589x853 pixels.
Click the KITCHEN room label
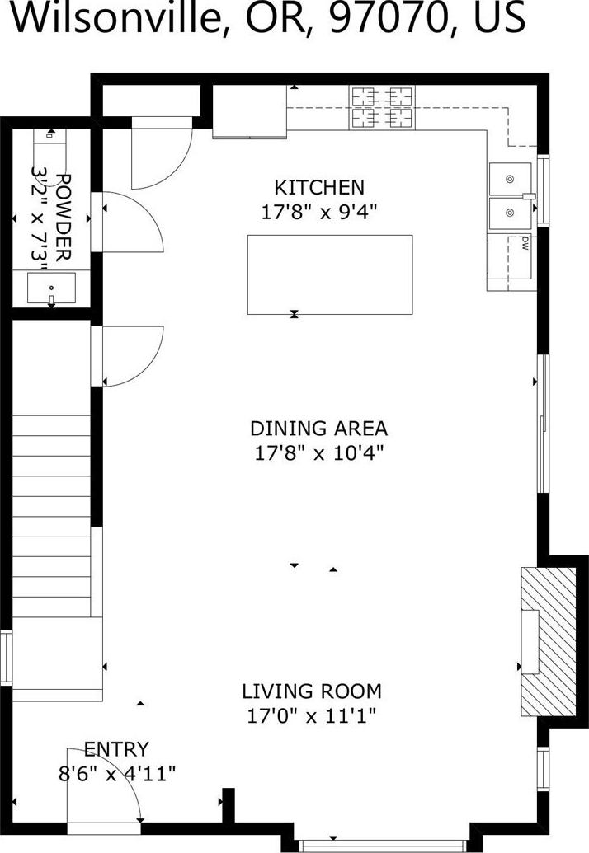(319, 188)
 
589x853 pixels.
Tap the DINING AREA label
(319, 429)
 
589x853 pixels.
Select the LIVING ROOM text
(312, 691)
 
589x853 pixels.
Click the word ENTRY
(116, 750)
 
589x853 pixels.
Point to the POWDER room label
(64, 218)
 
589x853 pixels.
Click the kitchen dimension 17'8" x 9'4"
(319, 211)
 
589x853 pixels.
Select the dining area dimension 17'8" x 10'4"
(319, 452)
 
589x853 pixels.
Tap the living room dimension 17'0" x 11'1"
(312, 715)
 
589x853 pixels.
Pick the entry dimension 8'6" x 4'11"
(117, 773)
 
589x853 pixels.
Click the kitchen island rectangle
(330, 274)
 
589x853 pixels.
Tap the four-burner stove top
(382, 107)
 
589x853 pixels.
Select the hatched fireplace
(549, 642)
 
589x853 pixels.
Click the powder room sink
(52, 288)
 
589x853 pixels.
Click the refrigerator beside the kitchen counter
(249, 111)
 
